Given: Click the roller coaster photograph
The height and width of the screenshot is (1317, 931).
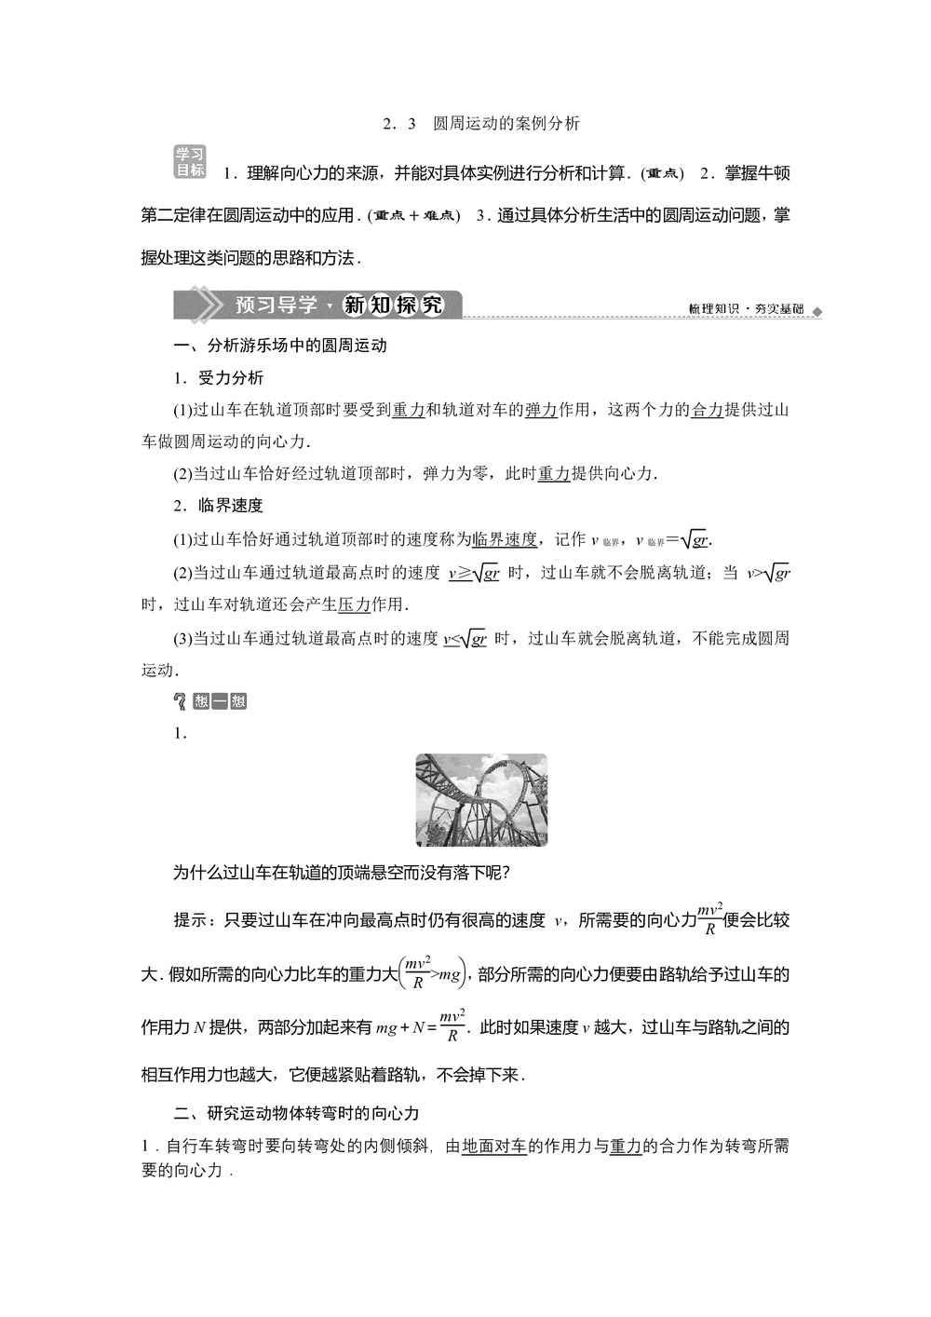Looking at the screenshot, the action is coord(480,800).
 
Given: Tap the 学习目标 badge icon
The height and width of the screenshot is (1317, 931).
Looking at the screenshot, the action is coord(190,162).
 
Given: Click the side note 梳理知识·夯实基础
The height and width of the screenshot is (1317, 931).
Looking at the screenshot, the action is coord(746,309).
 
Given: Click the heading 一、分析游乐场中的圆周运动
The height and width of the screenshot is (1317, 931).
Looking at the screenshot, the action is coord(280,346).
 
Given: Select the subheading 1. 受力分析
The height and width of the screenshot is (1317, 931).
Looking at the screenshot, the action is coord(219,378).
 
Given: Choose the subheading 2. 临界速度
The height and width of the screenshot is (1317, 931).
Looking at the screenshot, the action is coord(219,506).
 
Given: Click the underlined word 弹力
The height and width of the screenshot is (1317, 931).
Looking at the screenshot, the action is coord(541,410).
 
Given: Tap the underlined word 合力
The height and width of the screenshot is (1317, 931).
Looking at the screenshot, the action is coord(708,410).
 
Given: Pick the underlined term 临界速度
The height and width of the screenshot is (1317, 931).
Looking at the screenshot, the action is coord(506,539).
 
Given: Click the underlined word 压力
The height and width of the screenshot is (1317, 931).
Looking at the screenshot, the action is coord(354,604).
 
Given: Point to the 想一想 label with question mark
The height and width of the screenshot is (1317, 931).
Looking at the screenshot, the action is coord(210,701).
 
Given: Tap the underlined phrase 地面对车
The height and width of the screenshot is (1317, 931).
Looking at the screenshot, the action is coord(494,1147).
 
